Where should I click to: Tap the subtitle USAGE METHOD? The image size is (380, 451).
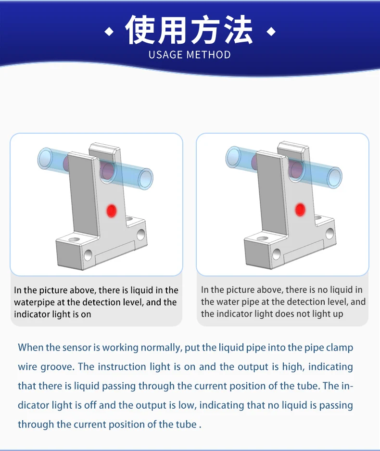pos(190,55)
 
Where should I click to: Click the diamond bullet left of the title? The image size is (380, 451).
pos(109,32)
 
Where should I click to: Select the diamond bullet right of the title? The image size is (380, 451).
pos(271,32)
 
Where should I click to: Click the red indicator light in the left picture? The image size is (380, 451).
pos(112,211)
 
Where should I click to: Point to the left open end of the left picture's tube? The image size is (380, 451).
pos(45,158)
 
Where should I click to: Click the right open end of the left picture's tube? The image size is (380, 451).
pos(145,179)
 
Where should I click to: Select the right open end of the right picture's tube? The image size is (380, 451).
pos(334,177)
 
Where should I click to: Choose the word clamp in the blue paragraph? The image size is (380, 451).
pos(340,348)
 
